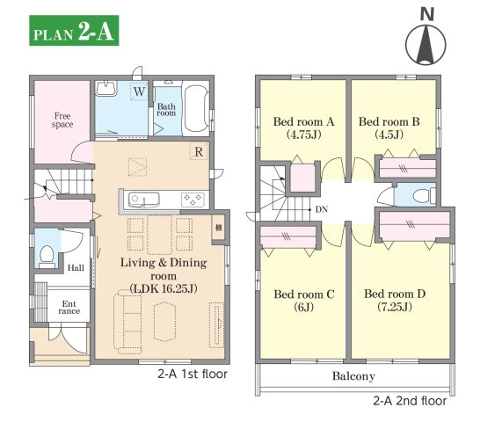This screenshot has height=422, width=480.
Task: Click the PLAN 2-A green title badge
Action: pos(74,30)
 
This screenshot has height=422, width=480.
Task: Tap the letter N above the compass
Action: pos(427,14)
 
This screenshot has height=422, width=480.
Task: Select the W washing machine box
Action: pos(139,91)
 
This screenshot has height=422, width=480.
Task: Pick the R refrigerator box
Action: pos(199,151)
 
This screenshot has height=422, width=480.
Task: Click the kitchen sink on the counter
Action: pos(143,200)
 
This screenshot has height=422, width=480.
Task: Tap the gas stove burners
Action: pos(193,200)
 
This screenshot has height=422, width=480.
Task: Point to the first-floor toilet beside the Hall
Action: pos(47,256)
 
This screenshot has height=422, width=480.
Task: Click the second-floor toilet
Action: pos(424,195)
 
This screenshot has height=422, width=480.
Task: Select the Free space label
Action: pos(62,120)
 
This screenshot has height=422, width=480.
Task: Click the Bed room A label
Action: pos(303,121)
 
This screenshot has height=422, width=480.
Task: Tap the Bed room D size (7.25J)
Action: pos(395,307)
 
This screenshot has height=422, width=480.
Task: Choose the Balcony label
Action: pos(353,376)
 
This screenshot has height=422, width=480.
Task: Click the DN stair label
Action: pos(322,209)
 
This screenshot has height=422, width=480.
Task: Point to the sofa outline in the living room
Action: pos(128,322)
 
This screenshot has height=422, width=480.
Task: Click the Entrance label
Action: pos(69,308)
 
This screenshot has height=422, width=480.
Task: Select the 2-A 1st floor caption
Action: pos(193,374)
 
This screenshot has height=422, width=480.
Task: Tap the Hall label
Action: pos(76,267)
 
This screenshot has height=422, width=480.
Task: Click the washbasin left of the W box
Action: pos(106,88)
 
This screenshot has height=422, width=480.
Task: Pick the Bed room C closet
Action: pos(288,236)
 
